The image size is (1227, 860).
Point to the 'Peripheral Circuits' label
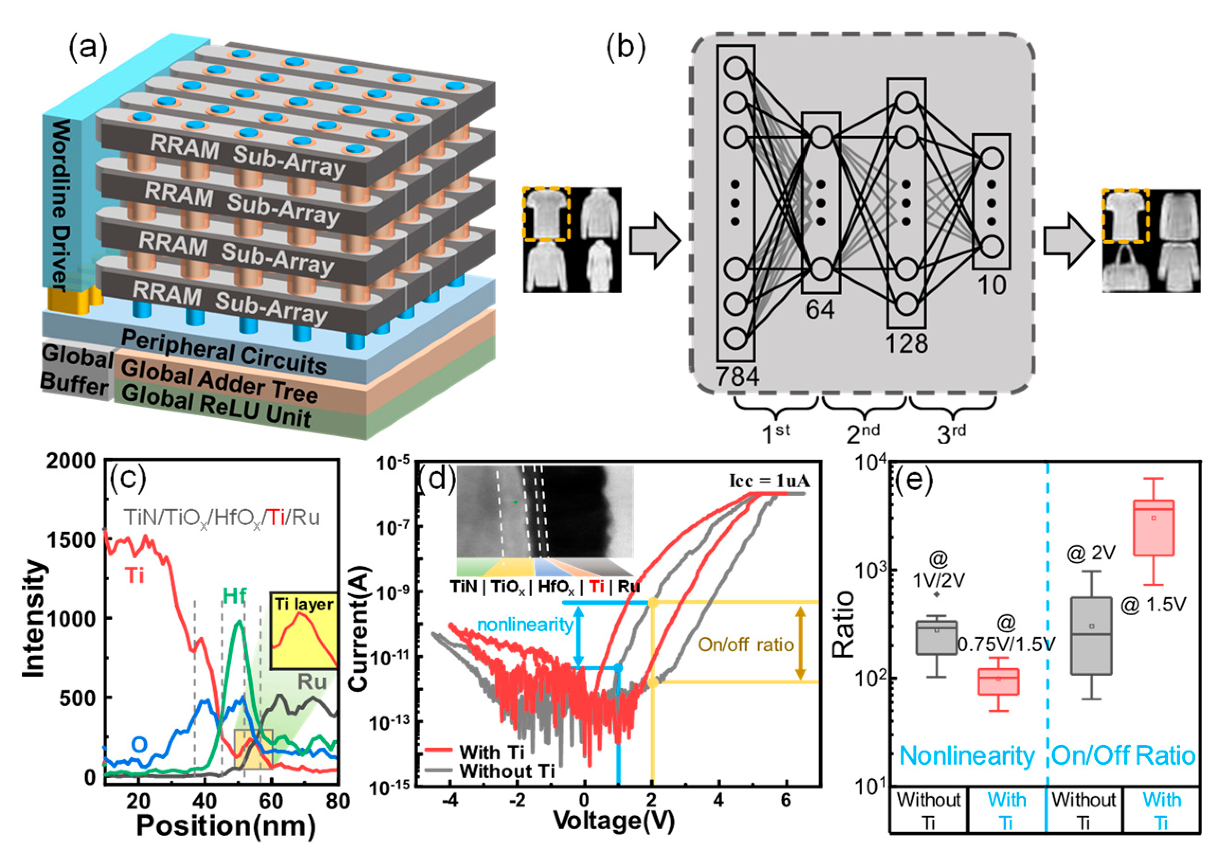224,352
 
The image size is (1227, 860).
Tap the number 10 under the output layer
992,286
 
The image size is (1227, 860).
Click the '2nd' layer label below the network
862,433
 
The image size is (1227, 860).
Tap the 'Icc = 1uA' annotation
769,481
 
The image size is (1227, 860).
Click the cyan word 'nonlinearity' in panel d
525,624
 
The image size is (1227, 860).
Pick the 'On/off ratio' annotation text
746,645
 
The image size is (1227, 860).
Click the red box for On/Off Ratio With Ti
1153,528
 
